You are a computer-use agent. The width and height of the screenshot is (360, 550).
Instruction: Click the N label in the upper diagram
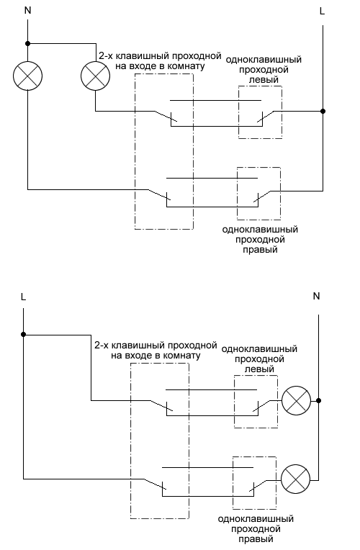pos(27,11)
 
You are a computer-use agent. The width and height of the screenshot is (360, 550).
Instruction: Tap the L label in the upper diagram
pos(322,12)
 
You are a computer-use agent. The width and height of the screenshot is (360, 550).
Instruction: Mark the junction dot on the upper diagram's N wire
pos(27,43)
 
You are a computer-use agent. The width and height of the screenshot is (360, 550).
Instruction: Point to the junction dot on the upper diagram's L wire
pos(323,111)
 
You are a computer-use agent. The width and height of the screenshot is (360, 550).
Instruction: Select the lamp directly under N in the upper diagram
pos(27,76)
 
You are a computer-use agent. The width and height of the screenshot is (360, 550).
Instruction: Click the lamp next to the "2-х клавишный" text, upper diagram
pos(95,76)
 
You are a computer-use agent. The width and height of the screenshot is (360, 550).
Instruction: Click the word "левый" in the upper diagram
pos(264,80)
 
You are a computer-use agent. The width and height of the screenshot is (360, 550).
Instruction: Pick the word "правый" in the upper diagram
pos(261,249)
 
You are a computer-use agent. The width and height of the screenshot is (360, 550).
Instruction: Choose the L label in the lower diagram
pos(24,297)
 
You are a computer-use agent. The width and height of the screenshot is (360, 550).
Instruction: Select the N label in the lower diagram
pos(317,297)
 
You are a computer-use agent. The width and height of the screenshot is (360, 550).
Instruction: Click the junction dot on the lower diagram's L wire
pos(24,335)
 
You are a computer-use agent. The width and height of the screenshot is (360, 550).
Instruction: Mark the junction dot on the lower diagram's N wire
pos(318,400)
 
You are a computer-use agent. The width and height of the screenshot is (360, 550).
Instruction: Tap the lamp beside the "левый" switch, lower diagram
pos(297,400)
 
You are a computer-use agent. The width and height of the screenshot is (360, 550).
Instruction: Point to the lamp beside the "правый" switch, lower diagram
pos(296,479)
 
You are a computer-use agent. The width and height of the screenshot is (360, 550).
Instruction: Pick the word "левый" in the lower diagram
pos(259,369)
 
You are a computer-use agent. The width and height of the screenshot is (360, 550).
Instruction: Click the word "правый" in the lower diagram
pos(256,538)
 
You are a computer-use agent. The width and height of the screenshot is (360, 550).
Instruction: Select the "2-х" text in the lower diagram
pos(102,346)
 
